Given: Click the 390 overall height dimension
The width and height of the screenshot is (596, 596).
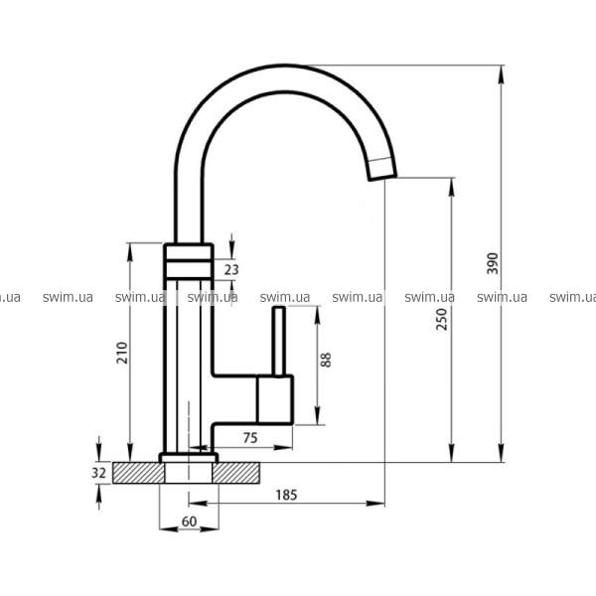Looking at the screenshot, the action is click(x=493, y=263).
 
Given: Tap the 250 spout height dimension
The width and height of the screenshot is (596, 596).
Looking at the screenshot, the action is click(x=442, y=319).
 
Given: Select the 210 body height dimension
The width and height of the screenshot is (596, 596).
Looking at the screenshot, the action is click(x=122, y=353).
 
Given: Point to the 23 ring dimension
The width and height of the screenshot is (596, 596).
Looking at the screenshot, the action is click(x=231, y=269).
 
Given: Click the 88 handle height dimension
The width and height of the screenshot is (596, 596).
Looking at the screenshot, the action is click(x=326, y=360).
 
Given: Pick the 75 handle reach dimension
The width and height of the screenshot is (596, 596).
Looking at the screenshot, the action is click(x=250, y=438).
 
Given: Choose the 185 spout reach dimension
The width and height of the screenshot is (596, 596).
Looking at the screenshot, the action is click(x=286, y=495).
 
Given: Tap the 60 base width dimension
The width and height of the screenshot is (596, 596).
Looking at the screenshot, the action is click(x=189, y=521).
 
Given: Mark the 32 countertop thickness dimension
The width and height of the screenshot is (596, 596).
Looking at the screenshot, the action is click(x=98, y=473).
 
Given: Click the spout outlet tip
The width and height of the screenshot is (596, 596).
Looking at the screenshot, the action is click(x=382, y=176).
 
